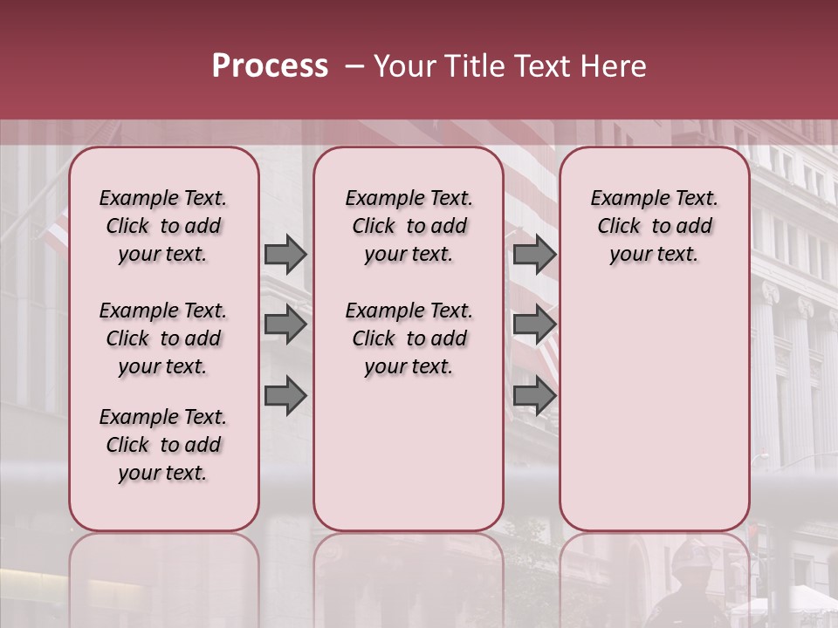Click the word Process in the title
coord(270,66)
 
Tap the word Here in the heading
coord(615,66)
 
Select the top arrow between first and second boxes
coord(285,254)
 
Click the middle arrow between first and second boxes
coord(285,324)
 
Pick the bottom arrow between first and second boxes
coord(285,396)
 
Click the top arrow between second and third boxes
coord(534,254)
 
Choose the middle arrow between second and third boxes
coord(534,324)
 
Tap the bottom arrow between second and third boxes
coord(534,396)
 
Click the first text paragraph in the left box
coord(163,226)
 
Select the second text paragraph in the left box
coord(163,338)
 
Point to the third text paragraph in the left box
coord(163,445)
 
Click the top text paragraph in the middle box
coord(409,226)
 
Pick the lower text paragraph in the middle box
coord(409,338)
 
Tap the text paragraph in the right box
coord(654,226)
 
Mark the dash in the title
coord(354,66)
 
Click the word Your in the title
coord(403,66)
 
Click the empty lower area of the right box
coord(654,401)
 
